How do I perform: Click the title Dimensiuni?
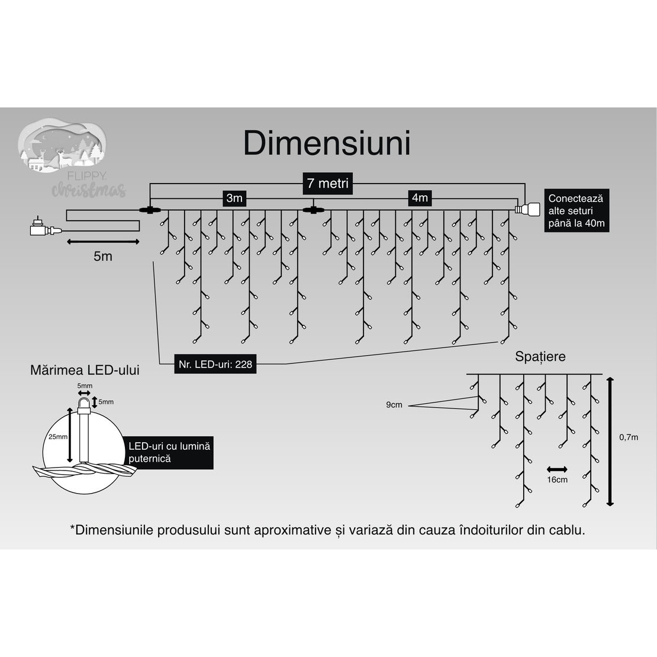pos(327,144)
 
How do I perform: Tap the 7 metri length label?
pos(327,183)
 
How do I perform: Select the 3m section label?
pos(234,198)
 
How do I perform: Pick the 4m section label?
pos(420,198)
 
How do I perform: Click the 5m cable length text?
pos(102,256)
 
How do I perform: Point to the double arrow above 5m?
pos(102,241)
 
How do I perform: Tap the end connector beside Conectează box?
pos(527,209)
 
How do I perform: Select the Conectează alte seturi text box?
pos(575,211)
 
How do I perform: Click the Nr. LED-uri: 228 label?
pos(215,364)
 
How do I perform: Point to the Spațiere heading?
pos(540,356)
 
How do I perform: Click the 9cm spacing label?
pos(394,405)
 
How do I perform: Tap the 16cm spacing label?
pos(557,479)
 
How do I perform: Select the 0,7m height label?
pos(629,437)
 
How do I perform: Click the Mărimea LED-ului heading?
pos(85,371)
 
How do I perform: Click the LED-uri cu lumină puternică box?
pos(169,453)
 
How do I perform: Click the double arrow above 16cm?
pos(556,469)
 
